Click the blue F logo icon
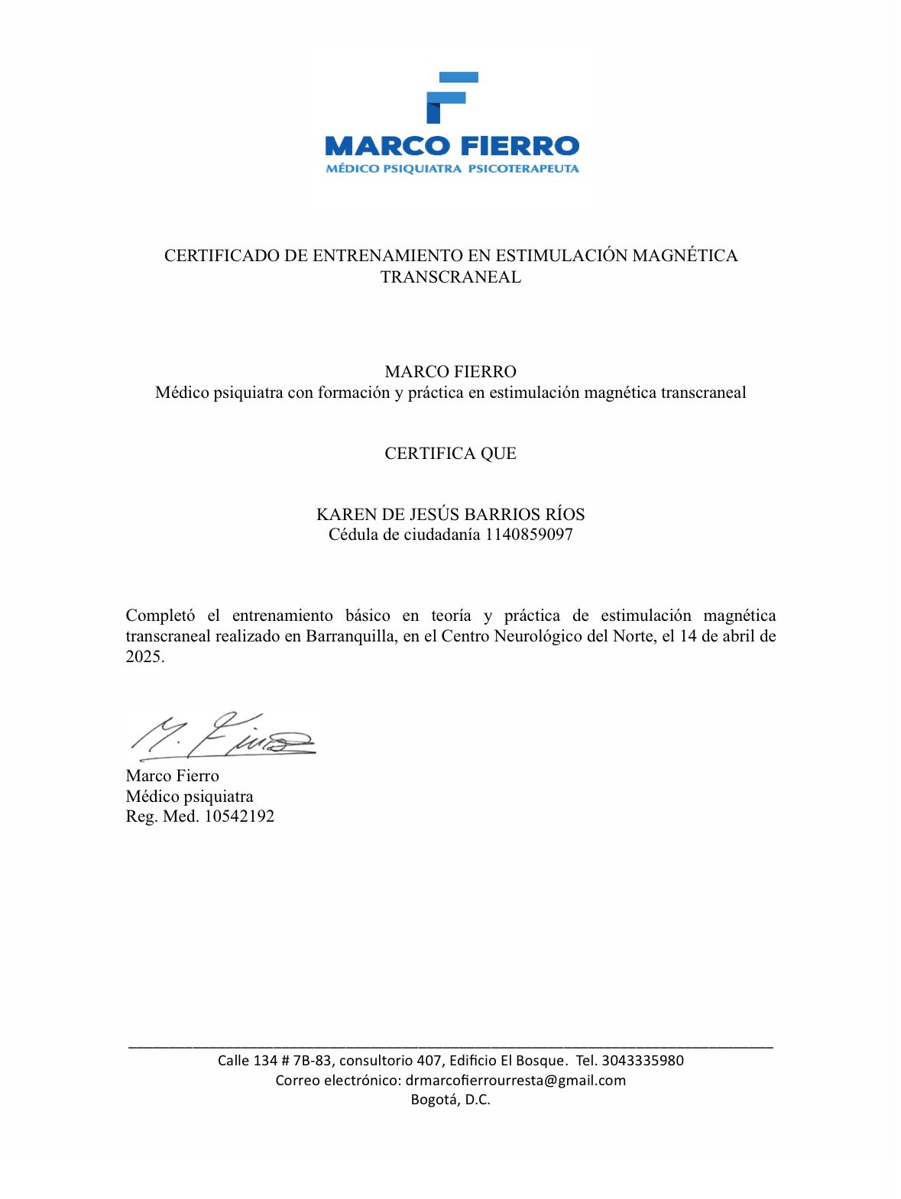451,97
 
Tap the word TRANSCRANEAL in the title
451,277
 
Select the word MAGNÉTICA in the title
685,256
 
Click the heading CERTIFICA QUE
450,454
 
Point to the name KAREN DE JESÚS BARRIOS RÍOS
450,515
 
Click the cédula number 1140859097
529,535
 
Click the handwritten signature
222,735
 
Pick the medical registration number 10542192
239,816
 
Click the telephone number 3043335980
642,1060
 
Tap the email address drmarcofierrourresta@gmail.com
515,1080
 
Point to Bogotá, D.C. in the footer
450,1100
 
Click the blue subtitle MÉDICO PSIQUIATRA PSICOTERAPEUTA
452,169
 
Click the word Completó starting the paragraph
160,616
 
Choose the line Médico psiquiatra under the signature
190,797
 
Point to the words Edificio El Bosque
508,1060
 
